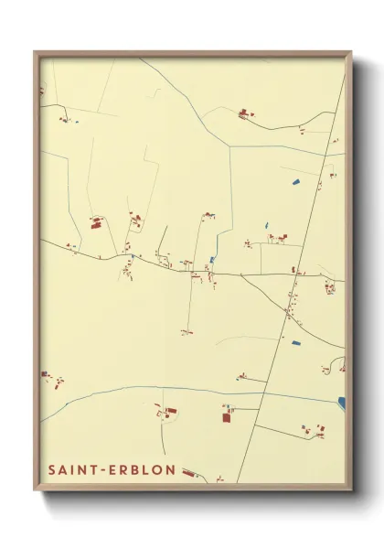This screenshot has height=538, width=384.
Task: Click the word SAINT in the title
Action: pos(70,469)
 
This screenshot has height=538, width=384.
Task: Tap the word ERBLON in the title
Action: pos(137,469)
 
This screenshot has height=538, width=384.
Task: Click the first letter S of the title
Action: pos(50,469)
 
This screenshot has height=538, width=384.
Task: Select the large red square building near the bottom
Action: pos(227,417)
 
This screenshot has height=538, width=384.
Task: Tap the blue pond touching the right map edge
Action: pos(341,402)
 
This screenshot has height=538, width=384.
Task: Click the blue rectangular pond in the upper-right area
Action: pos(296,181)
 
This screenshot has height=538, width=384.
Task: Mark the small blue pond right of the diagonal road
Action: pos(295,342)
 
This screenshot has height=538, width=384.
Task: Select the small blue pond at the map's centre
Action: pos(212,260)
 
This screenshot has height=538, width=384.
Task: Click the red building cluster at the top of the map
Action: pos(244,114)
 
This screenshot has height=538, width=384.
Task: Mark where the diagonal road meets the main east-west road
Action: pos(293,275)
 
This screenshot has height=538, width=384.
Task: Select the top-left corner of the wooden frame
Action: pos(36,53)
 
